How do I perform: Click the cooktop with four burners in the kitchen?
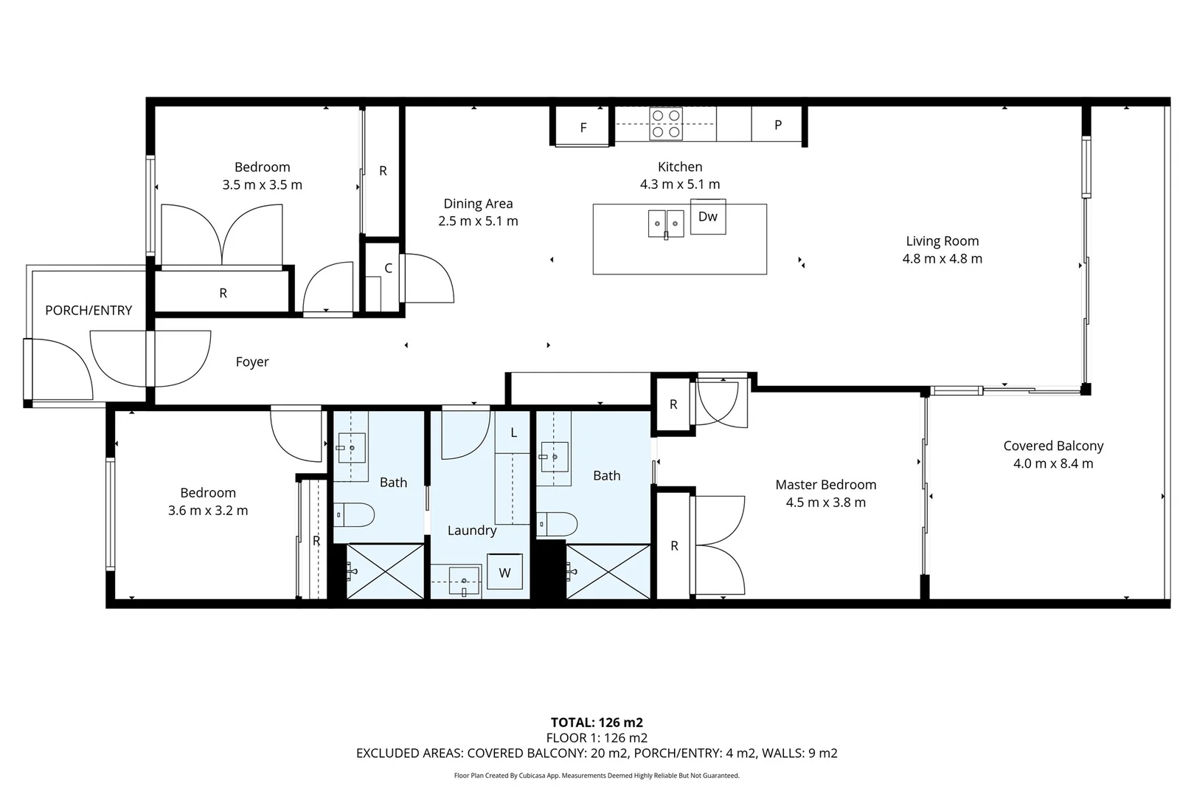click(665, 124)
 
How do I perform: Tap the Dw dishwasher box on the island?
click(708, 216)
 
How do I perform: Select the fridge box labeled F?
click(583, 128)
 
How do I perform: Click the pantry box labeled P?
click(777, 125)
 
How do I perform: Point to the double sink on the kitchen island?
click(666, 224)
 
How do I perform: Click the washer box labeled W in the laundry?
click(504, 573)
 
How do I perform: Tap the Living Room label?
click(942, 241)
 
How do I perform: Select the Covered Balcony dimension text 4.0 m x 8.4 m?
click(1052, 464)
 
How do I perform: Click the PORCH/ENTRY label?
click(88, 311)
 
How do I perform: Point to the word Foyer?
click(252, 362)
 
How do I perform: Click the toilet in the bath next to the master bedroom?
click(558, 524)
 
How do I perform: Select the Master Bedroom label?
click(825, 485)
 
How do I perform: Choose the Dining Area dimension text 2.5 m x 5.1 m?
click(478, 221)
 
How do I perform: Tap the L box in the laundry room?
click(513, 432)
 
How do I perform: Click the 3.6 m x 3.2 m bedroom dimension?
click(208, 511)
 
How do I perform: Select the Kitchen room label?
click(679, 167)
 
